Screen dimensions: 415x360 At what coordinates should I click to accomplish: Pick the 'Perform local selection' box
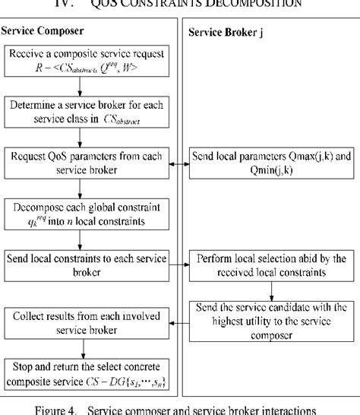[x=267, y=265]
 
